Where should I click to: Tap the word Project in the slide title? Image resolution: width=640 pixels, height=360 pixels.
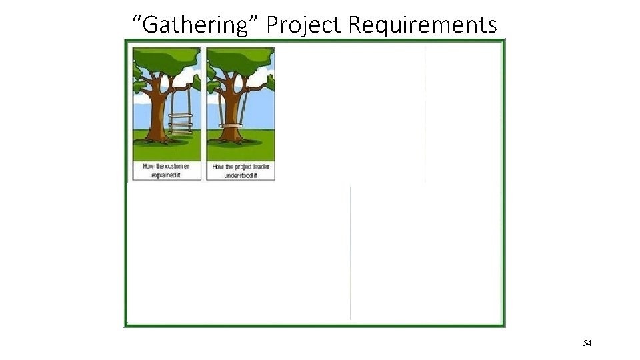tap(304, 25)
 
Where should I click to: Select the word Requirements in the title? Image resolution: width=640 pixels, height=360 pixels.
tap(423, 25)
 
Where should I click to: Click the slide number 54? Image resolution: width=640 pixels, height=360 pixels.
tap(587, 343)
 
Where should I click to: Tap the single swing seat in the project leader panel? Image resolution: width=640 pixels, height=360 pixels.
tap(231, 126)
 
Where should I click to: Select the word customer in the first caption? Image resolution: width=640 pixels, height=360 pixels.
tap(177, 166)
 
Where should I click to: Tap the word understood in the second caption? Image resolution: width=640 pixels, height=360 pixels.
tap(237, 175)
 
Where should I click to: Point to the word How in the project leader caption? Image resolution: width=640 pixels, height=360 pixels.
tap(218, 167)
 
